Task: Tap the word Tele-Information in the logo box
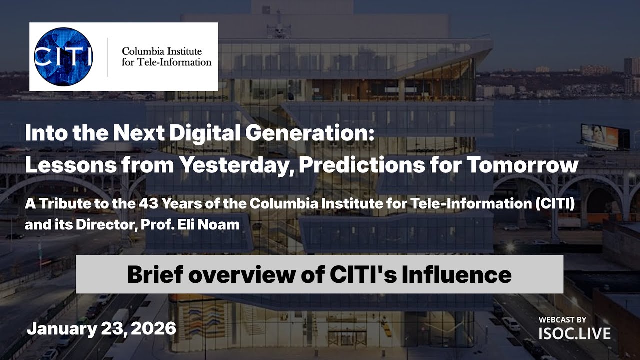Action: pyautogui.click(x=181, y=62)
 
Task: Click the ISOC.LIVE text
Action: pyautogui.click(x=574, y=333)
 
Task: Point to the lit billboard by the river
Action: pyautogui.click(x=605, y=137)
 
